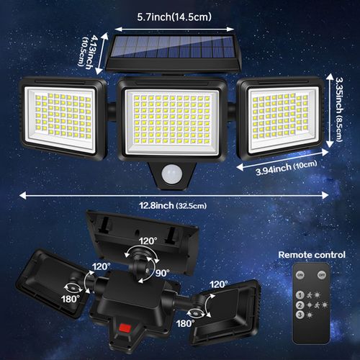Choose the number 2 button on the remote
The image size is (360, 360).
(x=299, y=305)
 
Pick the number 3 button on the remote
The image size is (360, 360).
(x=299, y=316)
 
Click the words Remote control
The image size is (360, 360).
(x=312, y=254)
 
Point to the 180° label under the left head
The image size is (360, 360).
(x=69, y=298)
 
